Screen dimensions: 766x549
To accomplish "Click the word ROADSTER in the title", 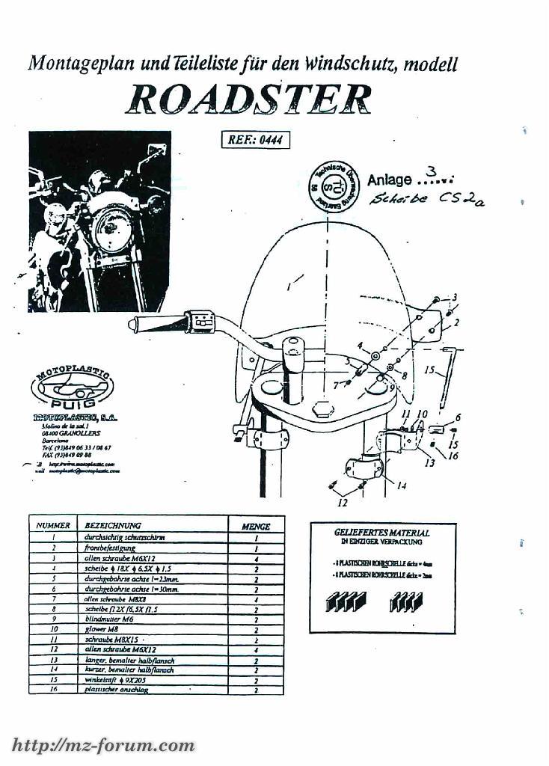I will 248,99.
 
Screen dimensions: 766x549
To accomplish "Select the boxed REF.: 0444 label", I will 255,140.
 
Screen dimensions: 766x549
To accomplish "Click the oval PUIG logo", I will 72,389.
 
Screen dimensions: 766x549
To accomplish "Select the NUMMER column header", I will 53,526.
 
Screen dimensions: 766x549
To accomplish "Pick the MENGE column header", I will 256,526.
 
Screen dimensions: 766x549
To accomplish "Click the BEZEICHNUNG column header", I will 113,526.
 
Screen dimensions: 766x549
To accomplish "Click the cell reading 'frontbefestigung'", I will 109,548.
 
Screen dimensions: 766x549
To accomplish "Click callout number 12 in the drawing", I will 342,503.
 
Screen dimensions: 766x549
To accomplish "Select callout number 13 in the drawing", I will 429,463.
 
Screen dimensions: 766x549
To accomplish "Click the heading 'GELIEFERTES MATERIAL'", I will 382,533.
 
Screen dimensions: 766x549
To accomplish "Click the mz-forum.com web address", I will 104,745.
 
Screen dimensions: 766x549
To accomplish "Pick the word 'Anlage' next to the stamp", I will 389,180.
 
